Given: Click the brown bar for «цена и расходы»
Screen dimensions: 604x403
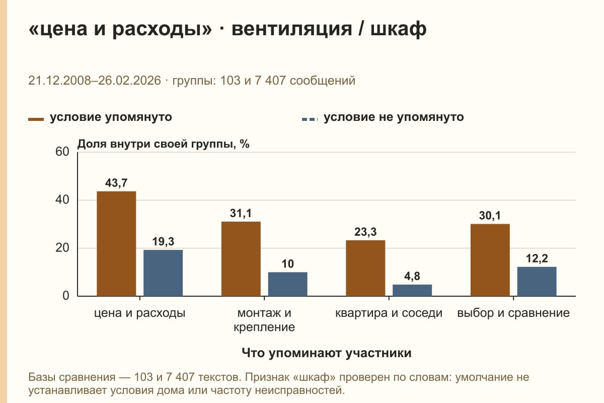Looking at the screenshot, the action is pyautogui.click(x=116, y=244).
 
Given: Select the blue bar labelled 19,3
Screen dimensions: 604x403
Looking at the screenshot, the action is pyautogui.click(x=163, y=273).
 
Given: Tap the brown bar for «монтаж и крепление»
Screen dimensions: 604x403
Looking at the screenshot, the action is pyautogui.click(x=241, y=259).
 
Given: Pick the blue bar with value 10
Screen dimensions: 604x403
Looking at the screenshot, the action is pyautogui.click(x=287, y=284).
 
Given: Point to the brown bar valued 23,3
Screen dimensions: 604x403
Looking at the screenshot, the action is pyautogui.click(x=365, y=268).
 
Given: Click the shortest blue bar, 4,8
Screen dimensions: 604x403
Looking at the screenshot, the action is pyautogui.click(x=412, y=291).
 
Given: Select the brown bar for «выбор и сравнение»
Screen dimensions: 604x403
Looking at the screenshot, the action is pyautogui.click(x=490, y=260).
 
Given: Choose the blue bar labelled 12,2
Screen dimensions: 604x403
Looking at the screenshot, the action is pyautogui.click(x=537, y=282).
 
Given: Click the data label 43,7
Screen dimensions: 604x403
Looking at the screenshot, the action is pyautogui.click(x=116, y=183).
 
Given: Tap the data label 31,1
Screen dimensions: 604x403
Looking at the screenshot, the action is pyautogui.click(x=241, y=213).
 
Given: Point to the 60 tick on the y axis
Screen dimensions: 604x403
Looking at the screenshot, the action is pyautogui.click(x=62, y=152).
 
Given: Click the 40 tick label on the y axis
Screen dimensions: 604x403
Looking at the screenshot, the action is pyautogui.click(x=62, y=200).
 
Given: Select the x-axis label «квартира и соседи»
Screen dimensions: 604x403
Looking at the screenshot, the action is pyautogui.click(x=389, y=313).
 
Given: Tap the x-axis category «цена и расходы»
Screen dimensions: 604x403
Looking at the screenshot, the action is pyautogui.click(x=140, y=313).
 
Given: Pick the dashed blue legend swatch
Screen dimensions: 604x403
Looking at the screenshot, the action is pyautogui.click(x=310, y=119).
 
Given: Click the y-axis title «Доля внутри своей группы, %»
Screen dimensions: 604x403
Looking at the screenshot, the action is pyautogui.click(x=164, y=144).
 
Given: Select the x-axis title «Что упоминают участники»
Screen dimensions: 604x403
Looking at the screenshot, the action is pyautogui.click(x=327, y=353).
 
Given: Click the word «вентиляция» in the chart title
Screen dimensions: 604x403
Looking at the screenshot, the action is pyautogui.click(x=292, y=29).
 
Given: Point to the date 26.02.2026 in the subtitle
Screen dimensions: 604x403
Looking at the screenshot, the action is pyautogui.click(x=129, y=81).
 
